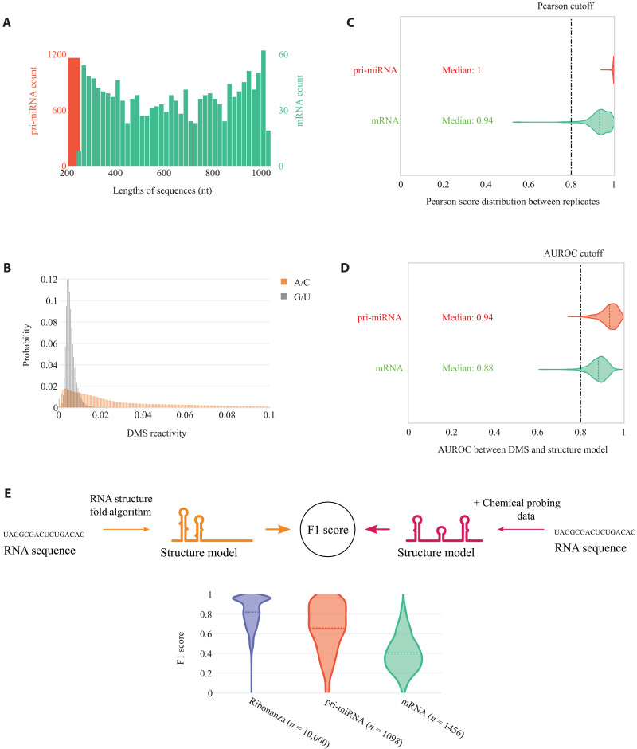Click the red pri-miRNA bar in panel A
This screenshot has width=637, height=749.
coord(74,112)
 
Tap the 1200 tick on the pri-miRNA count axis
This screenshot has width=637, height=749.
coord(57,54)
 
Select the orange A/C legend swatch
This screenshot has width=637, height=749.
coord(284,282)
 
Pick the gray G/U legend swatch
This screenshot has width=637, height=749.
coord(284,296)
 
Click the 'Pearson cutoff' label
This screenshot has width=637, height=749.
coord(565,6)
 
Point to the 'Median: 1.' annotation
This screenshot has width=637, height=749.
coord(463,70)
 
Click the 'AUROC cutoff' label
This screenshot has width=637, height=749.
coord(573,253)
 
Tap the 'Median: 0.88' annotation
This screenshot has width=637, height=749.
coord(467,368)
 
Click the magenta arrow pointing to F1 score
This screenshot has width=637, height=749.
coord(377,529)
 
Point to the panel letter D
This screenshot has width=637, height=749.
coord(345,268)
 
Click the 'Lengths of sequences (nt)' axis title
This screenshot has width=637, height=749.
coord(162,190)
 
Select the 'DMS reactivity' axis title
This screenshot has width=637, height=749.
coord(157,433)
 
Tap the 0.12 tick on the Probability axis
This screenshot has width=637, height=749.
coord(49,280)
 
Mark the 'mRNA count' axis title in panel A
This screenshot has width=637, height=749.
coord(299,100)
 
